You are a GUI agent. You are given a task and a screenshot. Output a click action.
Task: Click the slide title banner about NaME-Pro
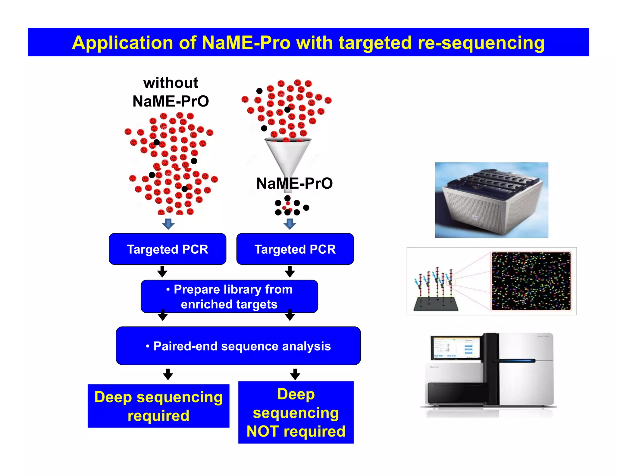click(x=308, y=42)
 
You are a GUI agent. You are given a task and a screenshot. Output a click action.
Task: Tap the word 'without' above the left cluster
click(x=171, y=83)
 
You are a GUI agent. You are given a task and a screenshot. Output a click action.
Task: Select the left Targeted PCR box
click(x=168, y=249)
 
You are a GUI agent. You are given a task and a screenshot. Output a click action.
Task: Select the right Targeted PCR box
click(x=295, y=249)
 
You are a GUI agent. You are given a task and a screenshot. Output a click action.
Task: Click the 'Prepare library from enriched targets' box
click(x=229, y=297)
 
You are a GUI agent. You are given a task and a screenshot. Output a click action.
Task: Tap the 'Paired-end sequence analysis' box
click(x=238, y=346)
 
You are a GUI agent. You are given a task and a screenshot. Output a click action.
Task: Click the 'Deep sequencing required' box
click(x=158, y=406)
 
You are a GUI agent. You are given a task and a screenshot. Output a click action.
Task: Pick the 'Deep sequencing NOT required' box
click(x=296, y=412)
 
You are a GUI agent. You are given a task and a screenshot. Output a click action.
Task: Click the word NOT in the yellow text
click(x=262, y=431)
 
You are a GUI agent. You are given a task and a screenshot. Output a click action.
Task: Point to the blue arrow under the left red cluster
click(x=168, y=224)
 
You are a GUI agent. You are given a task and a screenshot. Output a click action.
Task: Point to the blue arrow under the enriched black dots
click(x=290, y=224)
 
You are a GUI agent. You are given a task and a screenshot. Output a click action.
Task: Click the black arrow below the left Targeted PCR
click(x=162, y=271)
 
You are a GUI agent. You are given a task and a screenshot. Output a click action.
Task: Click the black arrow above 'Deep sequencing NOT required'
click(x=295, y=374)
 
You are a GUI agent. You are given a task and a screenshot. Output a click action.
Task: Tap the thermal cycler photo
click(x=491, y=200)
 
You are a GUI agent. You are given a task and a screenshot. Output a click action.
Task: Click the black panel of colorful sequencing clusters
click(x=531, y=281)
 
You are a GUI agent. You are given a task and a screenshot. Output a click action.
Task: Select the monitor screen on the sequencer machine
click(x=455, y=348)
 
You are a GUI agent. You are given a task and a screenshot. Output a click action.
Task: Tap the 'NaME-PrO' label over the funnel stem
click(x=294, y=183)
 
